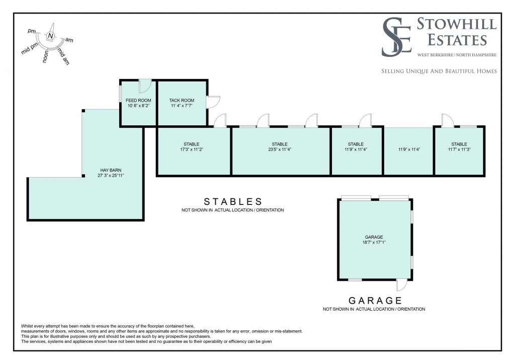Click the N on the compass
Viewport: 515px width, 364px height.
pyautogui.click(x=50, y=35)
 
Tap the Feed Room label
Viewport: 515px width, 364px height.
pyautogui.click(x=138, y=100)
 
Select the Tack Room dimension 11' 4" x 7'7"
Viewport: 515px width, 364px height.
pyautogui.click(x=182, y=106)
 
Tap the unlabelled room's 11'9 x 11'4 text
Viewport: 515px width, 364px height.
pyautogui.click(x=408, y=150)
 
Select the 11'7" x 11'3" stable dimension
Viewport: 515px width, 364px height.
pyautogui.click(x=459, y=150)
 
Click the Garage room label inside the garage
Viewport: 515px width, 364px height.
pyautogui.click(x=374, y=237)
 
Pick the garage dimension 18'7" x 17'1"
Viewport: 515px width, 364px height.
pyautogui.click(x=374, y=242)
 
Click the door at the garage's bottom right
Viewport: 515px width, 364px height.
pyautogui.click(x=402, y=286)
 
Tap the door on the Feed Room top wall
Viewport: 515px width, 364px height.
pyautogui.click(x=144, y=86)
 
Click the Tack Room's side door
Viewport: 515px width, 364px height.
pyautogui.click(x=213, y=102)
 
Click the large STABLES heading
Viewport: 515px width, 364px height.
pyautogui.click(x=233, y=201)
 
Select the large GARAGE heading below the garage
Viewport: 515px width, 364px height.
pyautogui.click(x=374, y=301)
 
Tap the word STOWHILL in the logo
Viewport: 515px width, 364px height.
pyautogui.click(x=457, y=23)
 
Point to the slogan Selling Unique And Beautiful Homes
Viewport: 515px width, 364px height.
pyautogui.click(x=439, y=71)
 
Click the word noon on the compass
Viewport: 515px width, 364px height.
pyautogui.click(x=46, y=56)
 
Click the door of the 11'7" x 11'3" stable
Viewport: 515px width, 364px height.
pyautogui.click(x=448, y=120)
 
